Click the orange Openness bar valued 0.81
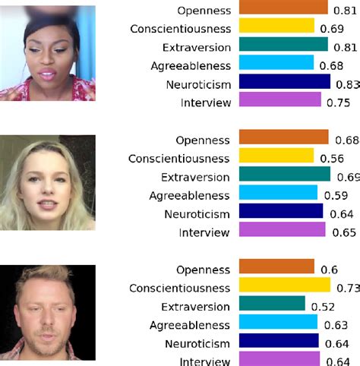coord(283,8)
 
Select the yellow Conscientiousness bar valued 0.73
coord(285,287)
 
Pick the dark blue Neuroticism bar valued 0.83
coord(285,82)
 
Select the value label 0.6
coord(328,270)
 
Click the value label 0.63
coord(334,325)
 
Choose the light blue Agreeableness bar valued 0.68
coord(276,64)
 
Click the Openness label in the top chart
coord(204,11)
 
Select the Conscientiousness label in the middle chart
coord(178,158)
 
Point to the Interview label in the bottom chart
coord(204,361)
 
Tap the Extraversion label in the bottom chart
coord(196,306)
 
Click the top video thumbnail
coord(49,53)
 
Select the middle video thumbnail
coord(49,182)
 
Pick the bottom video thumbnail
coord(49,312)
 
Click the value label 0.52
coord(322,307)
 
